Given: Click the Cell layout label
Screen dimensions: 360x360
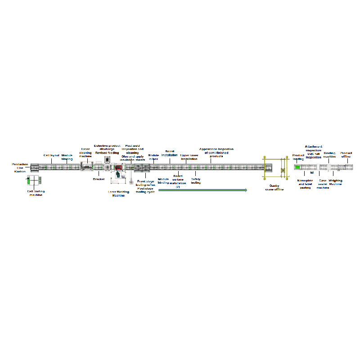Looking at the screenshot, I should pyautogui.click(x=51, y=155).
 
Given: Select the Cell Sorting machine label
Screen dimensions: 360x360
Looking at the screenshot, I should pyautogui.click(x=36, y=193).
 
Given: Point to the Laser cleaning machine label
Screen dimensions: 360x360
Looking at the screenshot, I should pyautogui.click(x=85, y=153).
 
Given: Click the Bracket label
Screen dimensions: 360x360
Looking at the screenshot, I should pyautogui.click(x=99, y=179).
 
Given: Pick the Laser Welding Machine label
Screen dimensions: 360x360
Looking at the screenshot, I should pyautogui.click(x=118, y=193).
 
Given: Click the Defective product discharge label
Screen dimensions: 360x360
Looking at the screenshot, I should pyautogui.click(x=107, y=148).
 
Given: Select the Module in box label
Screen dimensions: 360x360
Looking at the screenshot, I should pyautogui.click(x=153, y=157).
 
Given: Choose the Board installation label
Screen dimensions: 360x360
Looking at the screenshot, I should pyautogui.click(x=170, y=153).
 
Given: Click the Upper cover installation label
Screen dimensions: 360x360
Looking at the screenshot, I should pyautogui.click(x=189, y=157).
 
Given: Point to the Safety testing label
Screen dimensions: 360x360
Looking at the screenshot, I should pyautogui.click(x=196, y=181).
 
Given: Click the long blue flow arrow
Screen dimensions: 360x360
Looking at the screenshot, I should pyautogui.click(x=202, y=190).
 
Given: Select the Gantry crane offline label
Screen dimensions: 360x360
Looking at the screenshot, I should pyautogui.click(x=274, y=187).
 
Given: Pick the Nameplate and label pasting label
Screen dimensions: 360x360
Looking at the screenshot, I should pyautogui.click(x=305, y=184).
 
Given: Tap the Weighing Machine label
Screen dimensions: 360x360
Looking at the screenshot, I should pyautogui.click(x=335, y=182).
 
